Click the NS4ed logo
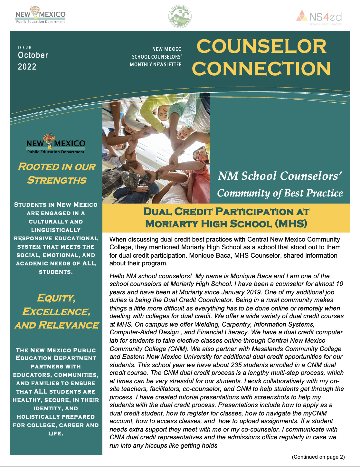tap(319, 17)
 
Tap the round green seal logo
tap(180, 16)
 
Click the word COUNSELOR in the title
tap(261, 46)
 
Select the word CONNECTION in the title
tap(261, 69)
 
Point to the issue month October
tap(33, 55)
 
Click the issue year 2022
tap(27, 67)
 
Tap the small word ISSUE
tap(24, 48)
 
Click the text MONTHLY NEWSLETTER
tap(156, 64)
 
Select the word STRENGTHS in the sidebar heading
tap(57, 180)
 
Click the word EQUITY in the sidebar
tap(56, 298)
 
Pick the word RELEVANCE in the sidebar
tap(68, 325)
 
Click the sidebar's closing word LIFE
tap(56, 434)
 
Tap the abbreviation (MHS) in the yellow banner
tap(291, 224)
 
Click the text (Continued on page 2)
tap(318, 457)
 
